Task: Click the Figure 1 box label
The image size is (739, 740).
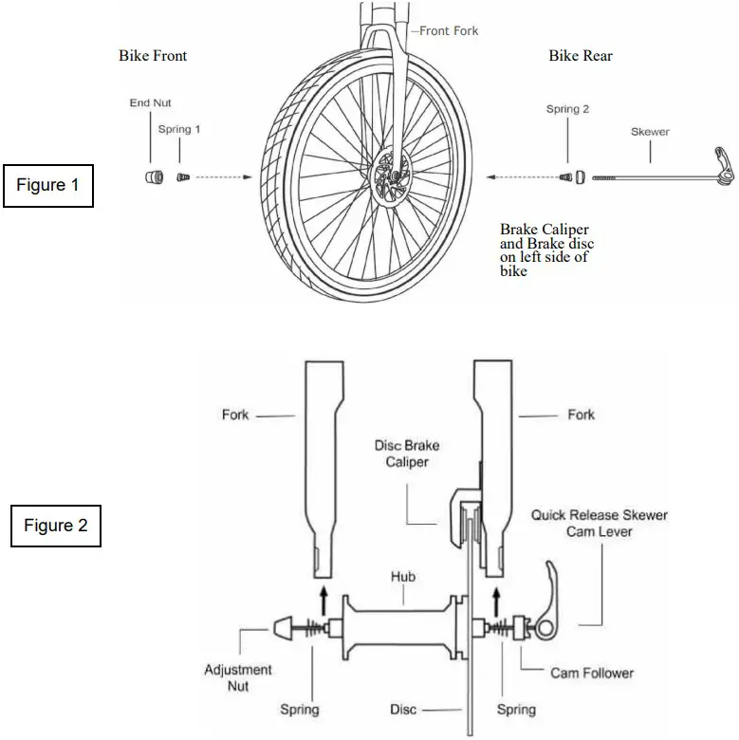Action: click(x=48, y=185)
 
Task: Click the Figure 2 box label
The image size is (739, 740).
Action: click(x=55, y=526)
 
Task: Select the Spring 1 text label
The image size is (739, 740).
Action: click(x=178, y=129)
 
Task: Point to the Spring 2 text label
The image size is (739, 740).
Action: click(x=567, y=109)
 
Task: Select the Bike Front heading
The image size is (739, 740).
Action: click(x=153, y=56)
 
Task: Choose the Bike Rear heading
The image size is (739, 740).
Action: click(x=581, y=56)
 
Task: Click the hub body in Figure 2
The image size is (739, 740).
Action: click(x=402, y=626)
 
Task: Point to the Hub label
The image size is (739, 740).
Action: click(x=403, y=576)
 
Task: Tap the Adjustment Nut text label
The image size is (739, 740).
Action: click(x=237, y=677)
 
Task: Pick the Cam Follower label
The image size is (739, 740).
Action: click(x=592, y=673)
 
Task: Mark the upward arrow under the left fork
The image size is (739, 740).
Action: click(x=323, y=599)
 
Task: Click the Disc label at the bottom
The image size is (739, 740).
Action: click(x=403, y=709)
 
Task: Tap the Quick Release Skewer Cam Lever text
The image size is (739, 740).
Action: click(x=599, y=524)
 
